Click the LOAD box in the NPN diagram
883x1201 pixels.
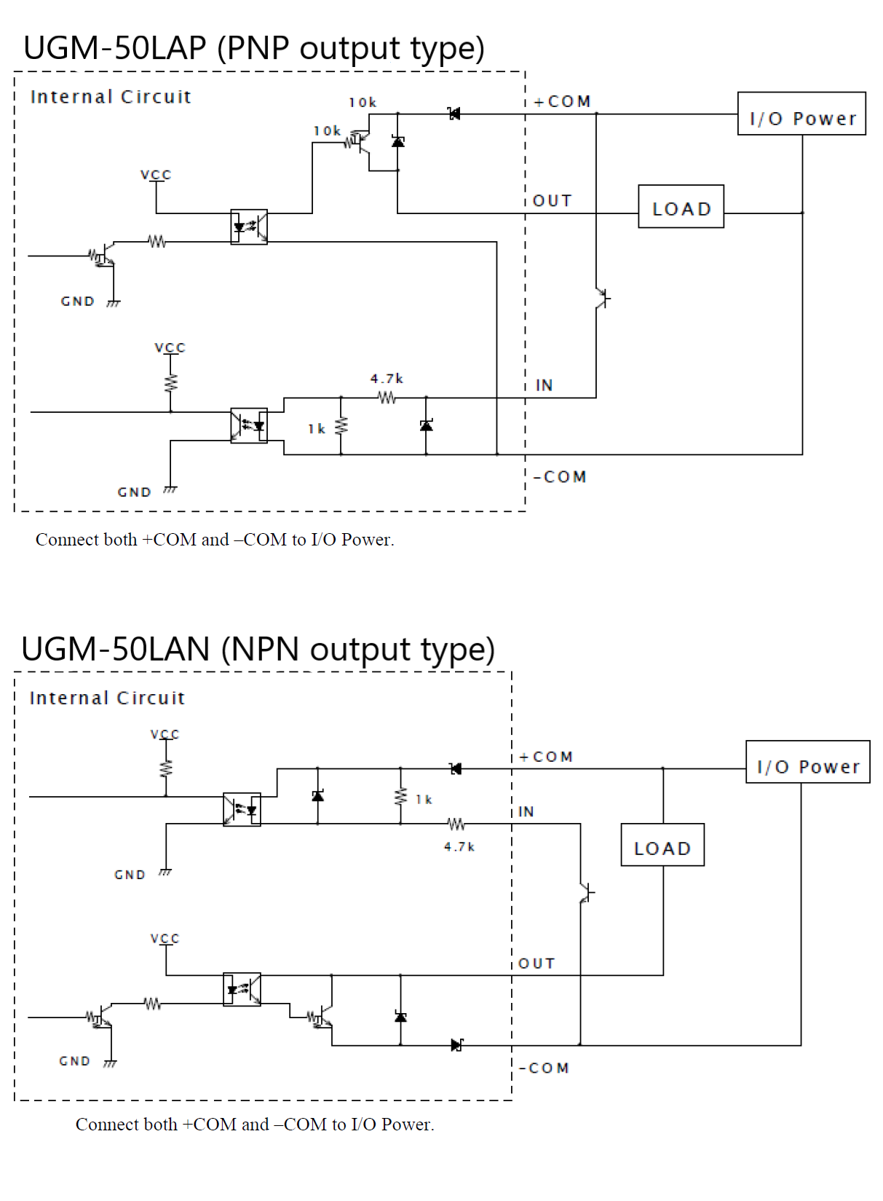point(662,846)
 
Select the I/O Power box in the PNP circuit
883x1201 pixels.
point(801,114)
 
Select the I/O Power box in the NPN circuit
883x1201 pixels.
point(807,763)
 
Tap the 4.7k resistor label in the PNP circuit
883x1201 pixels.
point(387,379)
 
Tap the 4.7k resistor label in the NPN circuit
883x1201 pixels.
point(459,847)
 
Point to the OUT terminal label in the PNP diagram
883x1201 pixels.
point(553,201)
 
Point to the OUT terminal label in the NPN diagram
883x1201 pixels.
point(536,964)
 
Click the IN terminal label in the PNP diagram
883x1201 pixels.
point(544,385)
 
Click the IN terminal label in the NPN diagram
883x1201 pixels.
point(526,812)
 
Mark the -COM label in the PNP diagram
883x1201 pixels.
point(560,477)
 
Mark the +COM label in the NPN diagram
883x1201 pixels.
point(546,757)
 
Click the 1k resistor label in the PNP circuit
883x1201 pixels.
point(316,429)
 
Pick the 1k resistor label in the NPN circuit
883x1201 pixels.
point(424,800)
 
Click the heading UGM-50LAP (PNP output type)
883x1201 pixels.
point(253,48)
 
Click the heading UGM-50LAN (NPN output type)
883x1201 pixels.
point(258,649)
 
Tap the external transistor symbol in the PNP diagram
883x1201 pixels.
point(602,298)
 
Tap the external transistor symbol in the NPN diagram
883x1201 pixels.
point(587,892)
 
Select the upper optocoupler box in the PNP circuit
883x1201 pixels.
point(249,227)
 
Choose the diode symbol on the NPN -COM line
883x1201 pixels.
point(456,1045)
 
